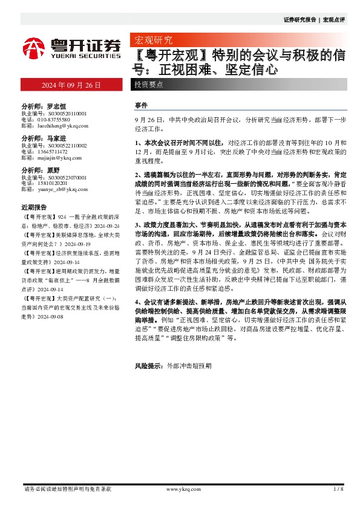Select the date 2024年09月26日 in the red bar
tap(71, 85)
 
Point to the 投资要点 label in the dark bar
tap(149, 85)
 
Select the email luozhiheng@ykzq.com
tap(59, 126)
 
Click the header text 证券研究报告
tap(300, 20)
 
